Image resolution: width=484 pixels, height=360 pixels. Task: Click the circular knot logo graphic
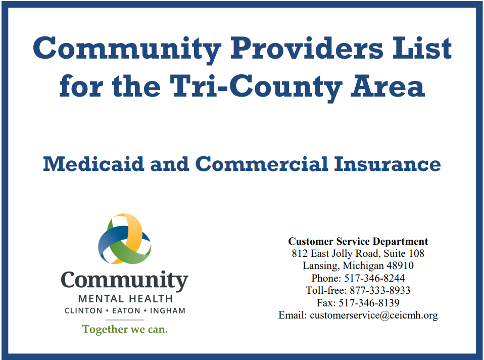[124, 239]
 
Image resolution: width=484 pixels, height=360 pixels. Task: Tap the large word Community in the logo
[124, 281]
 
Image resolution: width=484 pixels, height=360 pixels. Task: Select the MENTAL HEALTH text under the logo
[125, 299]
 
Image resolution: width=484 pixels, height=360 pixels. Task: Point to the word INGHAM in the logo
[166, 310]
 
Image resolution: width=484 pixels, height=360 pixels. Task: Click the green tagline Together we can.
[125, 329]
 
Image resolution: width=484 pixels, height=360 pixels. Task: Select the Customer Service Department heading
[358, 241]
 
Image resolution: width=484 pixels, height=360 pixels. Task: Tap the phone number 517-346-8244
[374, 278]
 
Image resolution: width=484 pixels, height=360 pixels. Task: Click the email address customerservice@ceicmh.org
[373, 315]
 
